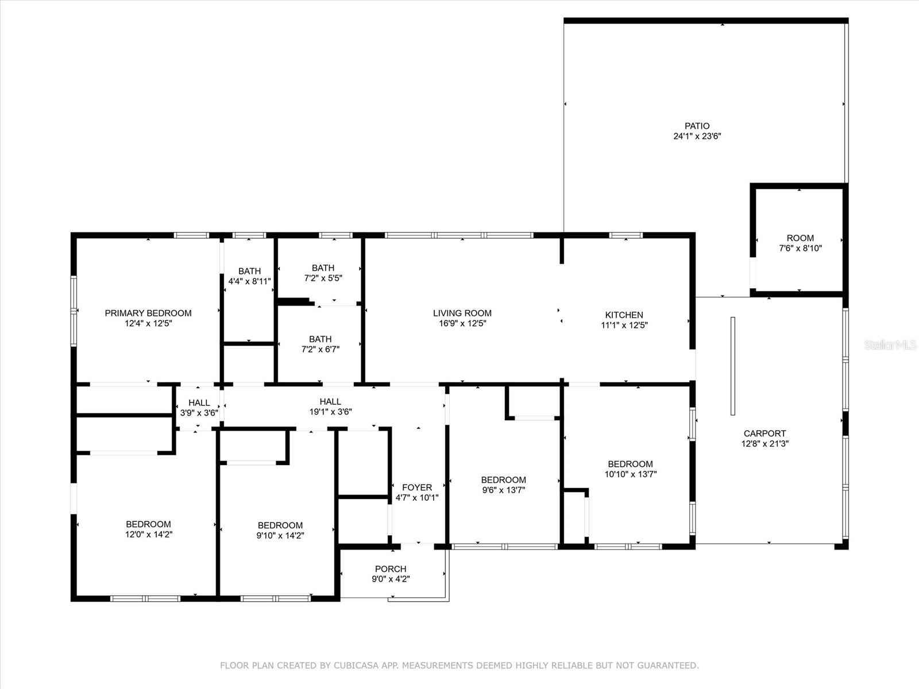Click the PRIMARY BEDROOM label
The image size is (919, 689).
(x=148, y=313)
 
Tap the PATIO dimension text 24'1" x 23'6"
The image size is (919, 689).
(x=697, y=137)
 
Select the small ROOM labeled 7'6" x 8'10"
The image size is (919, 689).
(x=800, y=243)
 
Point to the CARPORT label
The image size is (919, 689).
(x=764, y=433)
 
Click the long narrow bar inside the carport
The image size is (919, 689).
(x=732, y=366)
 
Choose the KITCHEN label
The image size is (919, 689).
(x=624, y=315)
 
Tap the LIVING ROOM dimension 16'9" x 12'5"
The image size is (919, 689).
(x=462, y=323)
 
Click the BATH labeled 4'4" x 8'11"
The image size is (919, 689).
(x=249, y=276)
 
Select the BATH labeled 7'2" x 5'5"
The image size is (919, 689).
(x=323, y=273)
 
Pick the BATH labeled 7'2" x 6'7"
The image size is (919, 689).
(x=320, y=344)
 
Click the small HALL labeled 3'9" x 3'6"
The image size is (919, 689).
(x=199, y=407)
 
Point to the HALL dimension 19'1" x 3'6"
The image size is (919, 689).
(x=330, y=412)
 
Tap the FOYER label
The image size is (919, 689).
(x=416, y=487)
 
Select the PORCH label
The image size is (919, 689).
(x=391, y=569)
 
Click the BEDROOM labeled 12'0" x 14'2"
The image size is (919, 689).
(x=148, y=529)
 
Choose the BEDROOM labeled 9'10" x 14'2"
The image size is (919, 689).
(x=280, y=530)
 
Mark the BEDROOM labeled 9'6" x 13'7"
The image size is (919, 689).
(x=503, y=485)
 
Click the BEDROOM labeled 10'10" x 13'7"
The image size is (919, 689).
(x=630, y=469)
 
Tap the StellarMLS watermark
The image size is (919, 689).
(x=890, y=344)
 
